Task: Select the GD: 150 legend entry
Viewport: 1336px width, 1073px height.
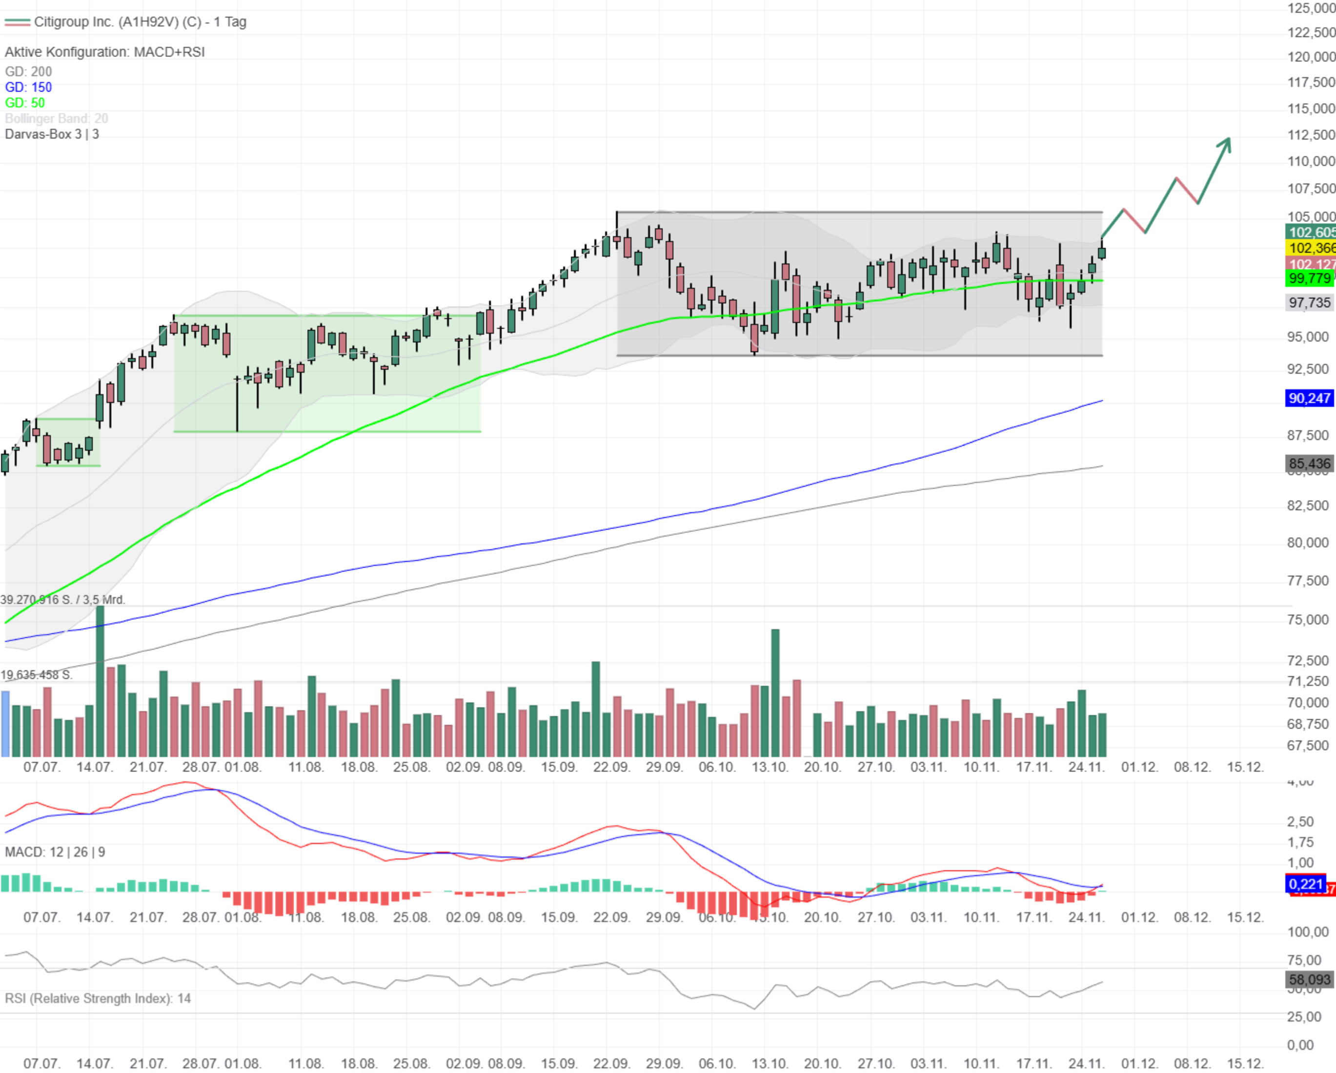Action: [x=28, y=87]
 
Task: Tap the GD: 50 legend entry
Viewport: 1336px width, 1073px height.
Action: [x=25, y=103]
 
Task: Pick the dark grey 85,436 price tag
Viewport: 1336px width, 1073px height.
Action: [x=1309, y=463]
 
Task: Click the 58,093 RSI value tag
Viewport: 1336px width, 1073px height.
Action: [x=1309, y=979]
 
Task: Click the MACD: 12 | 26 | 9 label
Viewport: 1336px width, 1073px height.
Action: [x=55, y=852]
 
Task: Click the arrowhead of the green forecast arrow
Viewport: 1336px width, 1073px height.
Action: [x=1226, y=142]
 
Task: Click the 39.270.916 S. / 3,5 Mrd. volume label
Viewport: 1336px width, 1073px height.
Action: [x=62, y=600]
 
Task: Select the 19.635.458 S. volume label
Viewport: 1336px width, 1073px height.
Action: [x=36, y=675]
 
